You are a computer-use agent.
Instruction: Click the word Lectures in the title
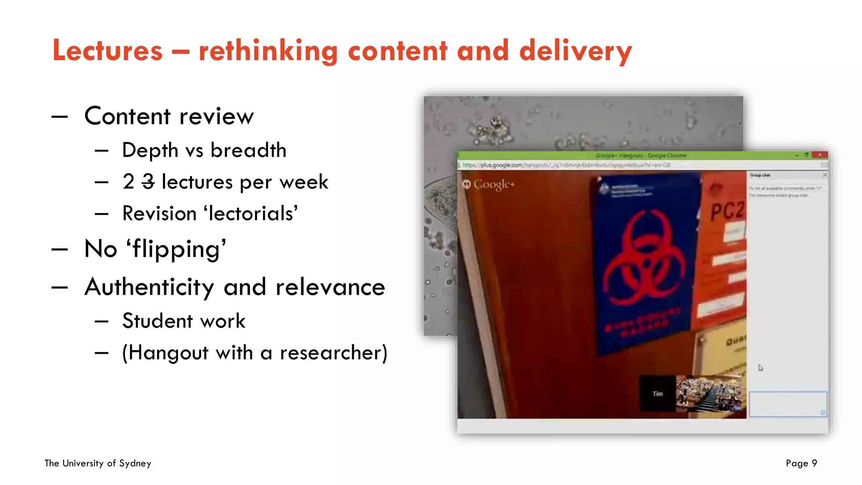[107, 51]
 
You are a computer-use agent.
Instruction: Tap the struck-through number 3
[148, 182]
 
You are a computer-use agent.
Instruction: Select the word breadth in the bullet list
[248, 150]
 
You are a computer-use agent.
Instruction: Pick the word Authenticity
[149, 288]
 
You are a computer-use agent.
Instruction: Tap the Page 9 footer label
[801, 463]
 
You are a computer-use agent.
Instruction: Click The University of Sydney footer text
[98, 463]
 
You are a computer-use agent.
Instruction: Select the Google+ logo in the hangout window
[489, 184]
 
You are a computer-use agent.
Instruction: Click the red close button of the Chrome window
[819, 155]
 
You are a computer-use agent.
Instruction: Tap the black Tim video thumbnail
[657, 394]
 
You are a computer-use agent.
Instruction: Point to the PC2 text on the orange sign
[727, 211]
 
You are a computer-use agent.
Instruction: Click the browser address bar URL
[566, 165]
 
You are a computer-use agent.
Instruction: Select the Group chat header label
[760, 175]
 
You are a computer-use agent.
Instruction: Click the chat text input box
[788, 404]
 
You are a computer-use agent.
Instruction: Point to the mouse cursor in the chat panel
[760, 368]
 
